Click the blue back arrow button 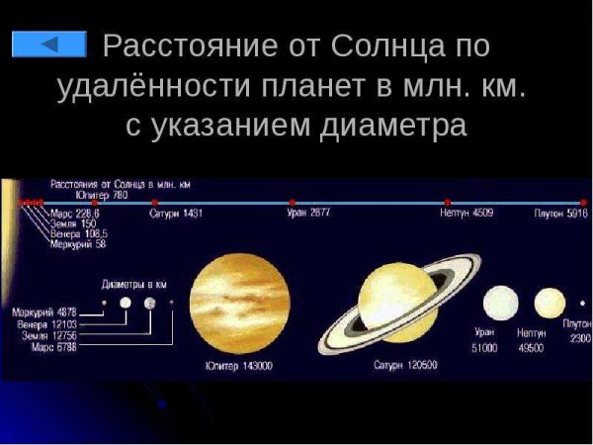pos(48,44)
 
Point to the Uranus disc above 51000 pos(500,303)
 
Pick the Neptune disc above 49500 pos(550,303)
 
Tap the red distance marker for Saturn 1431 pos(154,202)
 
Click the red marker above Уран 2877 pos(291,202)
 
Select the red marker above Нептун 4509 pos(448,202)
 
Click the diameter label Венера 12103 pos(45,323)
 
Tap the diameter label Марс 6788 pos(53,347)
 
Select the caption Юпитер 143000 pos(238,366)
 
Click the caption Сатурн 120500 pos(406,365)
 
